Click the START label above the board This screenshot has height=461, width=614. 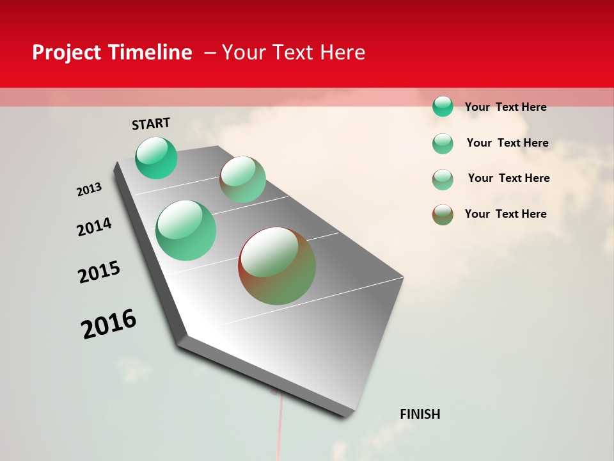click(x=151, y=124)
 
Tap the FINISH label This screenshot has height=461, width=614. click(x=420, y=414)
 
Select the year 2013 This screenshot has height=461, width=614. click(x=90, y=190)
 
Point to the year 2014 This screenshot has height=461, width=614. click(x=94, y=227)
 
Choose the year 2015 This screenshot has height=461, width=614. click(x=99, y=272)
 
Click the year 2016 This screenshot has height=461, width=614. click(x=109, y=324)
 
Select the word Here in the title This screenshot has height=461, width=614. click(x=342, y=53)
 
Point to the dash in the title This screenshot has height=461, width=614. click(x=210, y=53)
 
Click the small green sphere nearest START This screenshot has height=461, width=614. click(x=156, y=158)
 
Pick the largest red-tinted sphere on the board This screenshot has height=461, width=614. click(x=277, y=266)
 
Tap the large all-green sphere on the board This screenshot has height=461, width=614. click(x=186, y=230)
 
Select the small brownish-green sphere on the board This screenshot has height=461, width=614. click(x=243, y=179)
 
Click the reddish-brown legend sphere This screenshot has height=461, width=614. click(x=443, y=214)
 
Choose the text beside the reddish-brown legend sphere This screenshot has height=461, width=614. click(x=505, y=214)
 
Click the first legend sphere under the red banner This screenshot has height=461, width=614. click(x=443, y=106)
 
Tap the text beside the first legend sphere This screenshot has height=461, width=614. click(x=505, y=107)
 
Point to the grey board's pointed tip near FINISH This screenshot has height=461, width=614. click(x=349, y=415)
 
